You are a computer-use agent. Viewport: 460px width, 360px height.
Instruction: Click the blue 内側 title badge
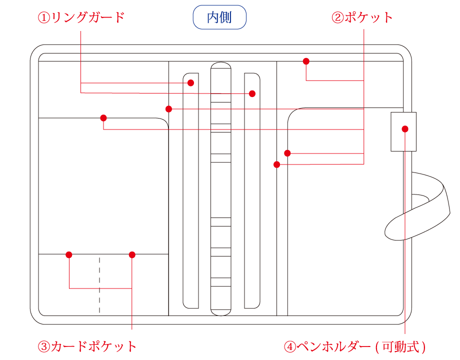pos(219,17)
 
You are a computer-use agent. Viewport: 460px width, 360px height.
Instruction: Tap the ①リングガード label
pos(81,17)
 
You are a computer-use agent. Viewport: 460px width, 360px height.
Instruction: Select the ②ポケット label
pos(362,17)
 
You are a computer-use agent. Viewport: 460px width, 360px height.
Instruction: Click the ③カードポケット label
pos(87,347)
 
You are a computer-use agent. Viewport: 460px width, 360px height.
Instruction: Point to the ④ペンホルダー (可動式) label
pos(354,347)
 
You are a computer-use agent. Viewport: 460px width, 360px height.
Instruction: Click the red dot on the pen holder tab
pos(405,129)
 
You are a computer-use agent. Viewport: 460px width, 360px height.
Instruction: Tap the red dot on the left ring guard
pos(190,82)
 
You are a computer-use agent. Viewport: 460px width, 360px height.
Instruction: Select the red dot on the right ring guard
pos(252,93)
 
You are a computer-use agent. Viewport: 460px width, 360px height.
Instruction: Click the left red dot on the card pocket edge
pos(69,254)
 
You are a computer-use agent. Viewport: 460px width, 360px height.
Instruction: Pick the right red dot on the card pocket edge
pos(132,254)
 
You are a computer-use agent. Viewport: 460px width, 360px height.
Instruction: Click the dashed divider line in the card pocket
pos(99,285)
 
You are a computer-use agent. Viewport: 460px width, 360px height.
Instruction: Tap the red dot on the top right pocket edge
pos(306,61)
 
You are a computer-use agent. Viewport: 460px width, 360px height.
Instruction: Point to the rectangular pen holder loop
pos(403,131)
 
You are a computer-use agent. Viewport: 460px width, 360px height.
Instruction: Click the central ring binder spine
pos(221,189)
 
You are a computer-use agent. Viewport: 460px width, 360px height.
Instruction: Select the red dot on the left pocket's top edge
pos(103,118)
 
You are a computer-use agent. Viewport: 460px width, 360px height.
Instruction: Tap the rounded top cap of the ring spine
pos(221,65)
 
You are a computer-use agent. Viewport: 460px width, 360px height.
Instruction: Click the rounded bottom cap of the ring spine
pos(221,312)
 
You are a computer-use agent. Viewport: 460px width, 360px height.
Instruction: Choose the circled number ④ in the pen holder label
pos(290,347)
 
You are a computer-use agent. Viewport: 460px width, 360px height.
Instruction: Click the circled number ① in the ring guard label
pos(44,17)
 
